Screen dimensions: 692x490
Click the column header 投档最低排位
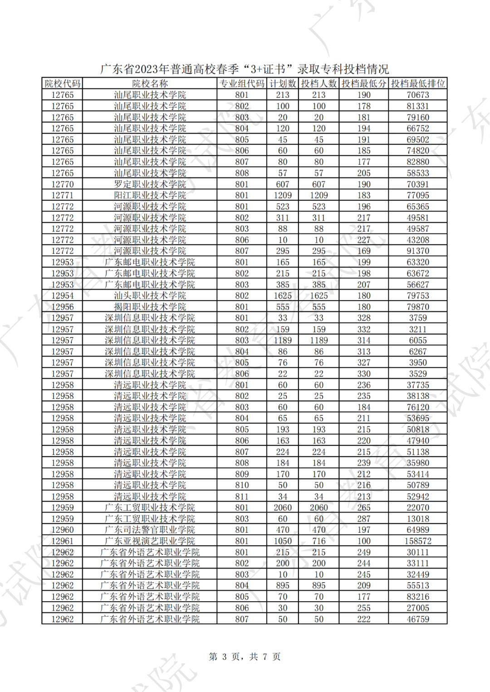[x=418, y=83]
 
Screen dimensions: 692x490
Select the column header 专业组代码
[x=242, y=83]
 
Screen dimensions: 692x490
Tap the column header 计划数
[x=283, y=83]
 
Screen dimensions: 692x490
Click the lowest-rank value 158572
[x=418, y=541]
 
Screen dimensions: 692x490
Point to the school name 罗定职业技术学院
[x=150, y=184]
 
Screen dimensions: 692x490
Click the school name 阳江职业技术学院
[x=150, y=195]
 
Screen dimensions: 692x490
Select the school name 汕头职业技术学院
[x=150, y=296]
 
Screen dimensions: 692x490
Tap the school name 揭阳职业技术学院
[x=150, y=307]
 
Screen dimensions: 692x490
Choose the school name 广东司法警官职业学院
[x=150, y=530]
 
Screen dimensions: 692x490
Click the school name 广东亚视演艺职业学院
[x=150, y=541]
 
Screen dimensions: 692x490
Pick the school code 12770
[x=63, y=184]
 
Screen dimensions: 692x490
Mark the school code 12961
[x=63, y=541]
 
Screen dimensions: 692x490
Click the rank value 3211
[x=418, y=329]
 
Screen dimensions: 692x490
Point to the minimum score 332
[x=364, y=329]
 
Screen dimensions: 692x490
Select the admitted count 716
[x=319, y=541]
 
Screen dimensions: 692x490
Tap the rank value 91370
[x=418, y=251]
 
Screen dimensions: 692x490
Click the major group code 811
[x=242, y=497]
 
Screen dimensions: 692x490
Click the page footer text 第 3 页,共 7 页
[x=245, y=657]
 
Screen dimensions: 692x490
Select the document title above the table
[x=245, y=69]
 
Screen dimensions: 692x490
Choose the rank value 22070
[x=418, y=507]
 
